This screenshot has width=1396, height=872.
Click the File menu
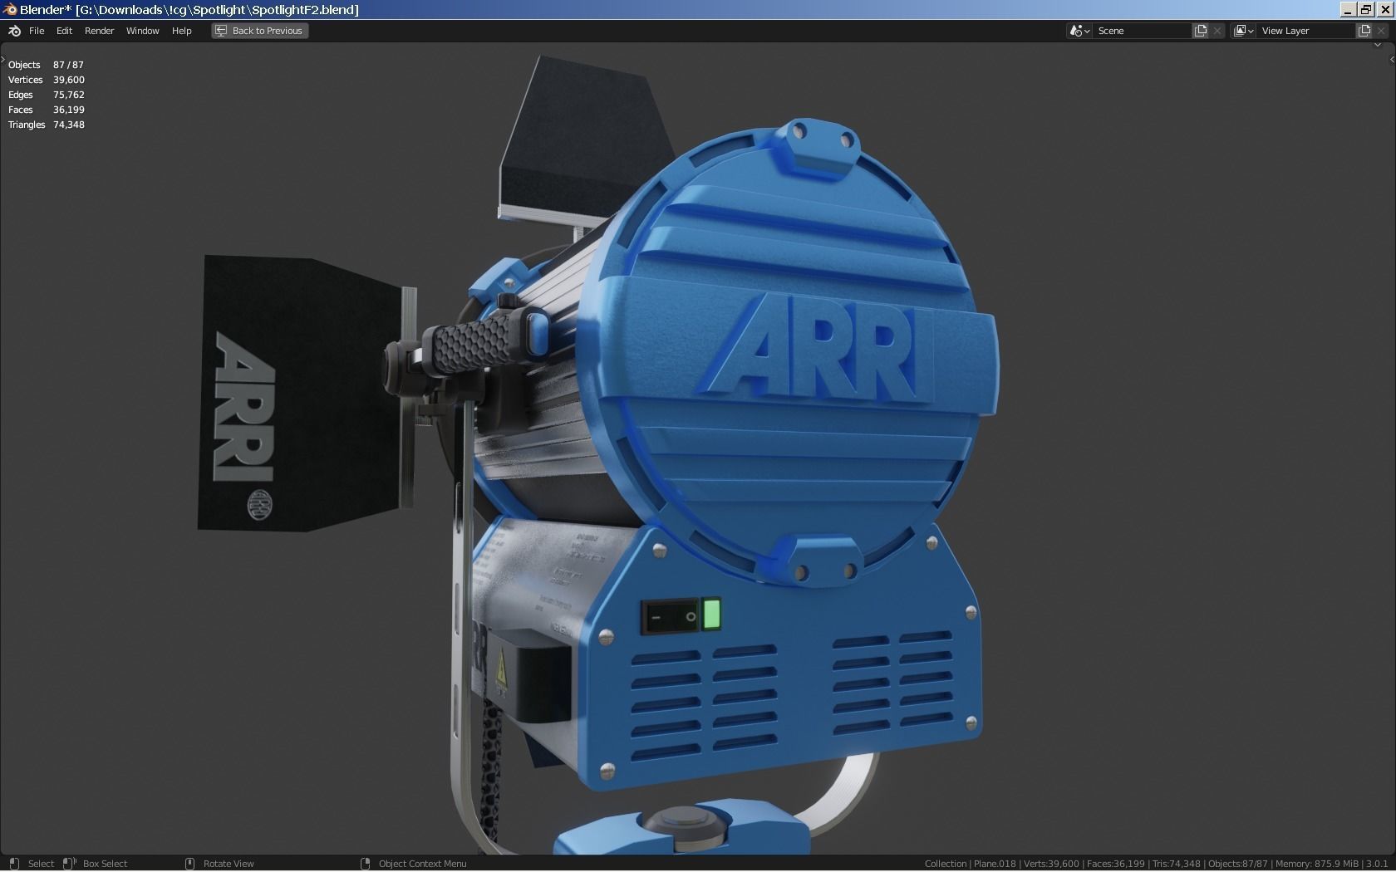(37, 31)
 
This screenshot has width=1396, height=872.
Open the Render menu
(99, 31)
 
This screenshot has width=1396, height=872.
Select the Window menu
(142, 31)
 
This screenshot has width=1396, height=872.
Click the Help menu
(181, 31)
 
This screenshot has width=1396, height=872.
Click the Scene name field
(1143, 31)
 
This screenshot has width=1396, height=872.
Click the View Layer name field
(1305, 31)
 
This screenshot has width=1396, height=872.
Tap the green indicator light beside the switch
(711, 615)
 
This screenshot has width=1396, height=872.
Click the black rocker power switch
(670, 618)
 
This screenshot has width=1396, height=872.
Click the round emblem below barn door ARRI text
(260, 505)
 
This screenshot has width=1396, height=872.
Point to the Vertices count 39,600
(69, 80)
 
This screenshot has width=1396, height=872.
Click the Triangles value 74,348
(69, 125)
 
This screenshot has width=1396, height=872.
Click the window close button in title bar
(1384, 9)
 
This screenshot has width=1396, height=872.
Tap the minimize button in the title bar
(1348, 9)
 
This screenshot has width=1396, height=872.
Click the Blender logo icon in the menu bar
(14, 31)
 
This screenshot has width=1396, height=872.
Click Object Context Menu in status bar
(422, 864)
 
